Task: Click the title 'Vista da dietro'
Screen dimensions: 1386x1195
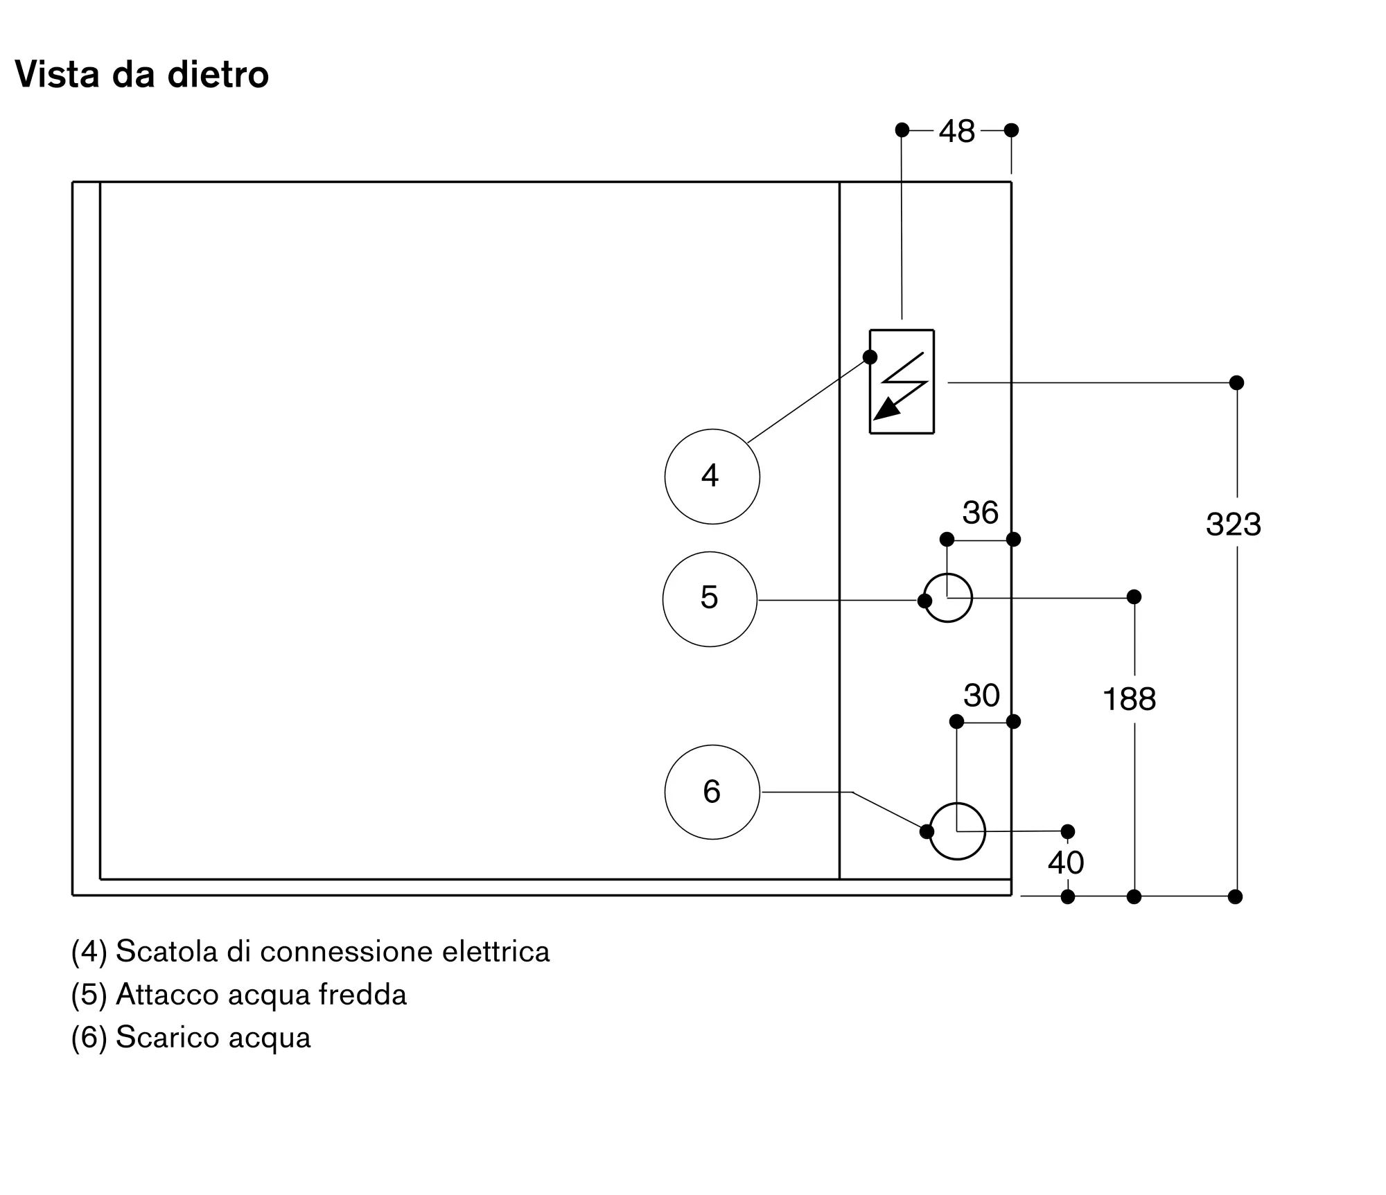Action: tap(141, 74)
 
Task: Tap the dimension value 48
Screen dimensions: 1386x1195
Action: tap(957, 131)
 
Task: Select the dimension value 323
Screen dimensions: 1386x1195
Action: tap(1234, 524)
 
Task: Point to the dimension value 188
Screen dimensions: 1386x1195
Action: tap(1130, 699)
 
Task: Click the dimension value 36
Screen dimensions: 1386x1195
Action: tap(981, 513)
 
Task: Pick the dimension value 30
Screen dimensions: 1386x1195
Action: tap(981, 695)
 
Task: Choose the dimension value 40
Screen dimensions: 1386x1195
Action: tap(1066, 862)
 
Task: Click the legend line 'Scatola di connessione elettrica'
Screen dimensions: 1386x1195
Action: tap(310, 952)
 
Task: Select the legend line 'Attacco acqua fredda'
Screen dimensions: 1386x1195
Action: tap(239, 995)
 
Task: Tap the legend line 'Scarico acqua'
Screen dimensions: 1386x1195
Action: tap(191, 1038)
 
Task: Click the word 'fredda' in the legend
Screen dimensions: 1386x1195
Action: tap(362, 994)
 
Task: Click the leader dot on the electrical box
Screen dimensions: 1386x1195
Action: tap(870, 357)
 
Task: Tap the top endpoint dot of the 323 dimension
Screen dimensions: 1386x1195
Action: tap(1237, 382)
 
